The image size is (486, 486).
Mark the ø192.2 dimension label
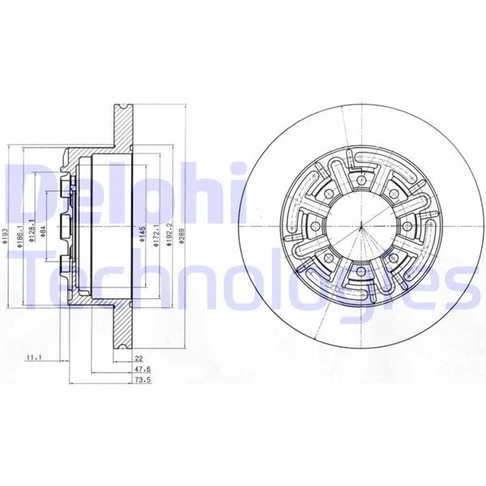tap(169, 236)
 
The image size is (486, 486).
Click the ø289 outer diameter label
tap(184, 236)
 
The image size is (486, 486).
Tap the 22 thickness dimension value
tap(139, 357)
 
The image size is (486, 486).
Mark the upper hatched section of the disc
tap(121, 126)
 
